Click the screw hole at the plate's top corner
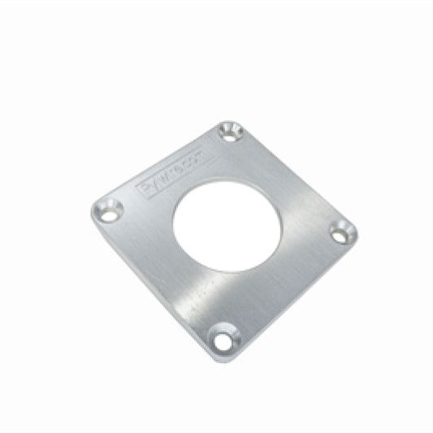(x=231, y=131)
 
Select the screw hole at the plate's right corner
(x=343, y=232)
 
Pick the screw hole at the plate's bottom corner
(x=224, y=336)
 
